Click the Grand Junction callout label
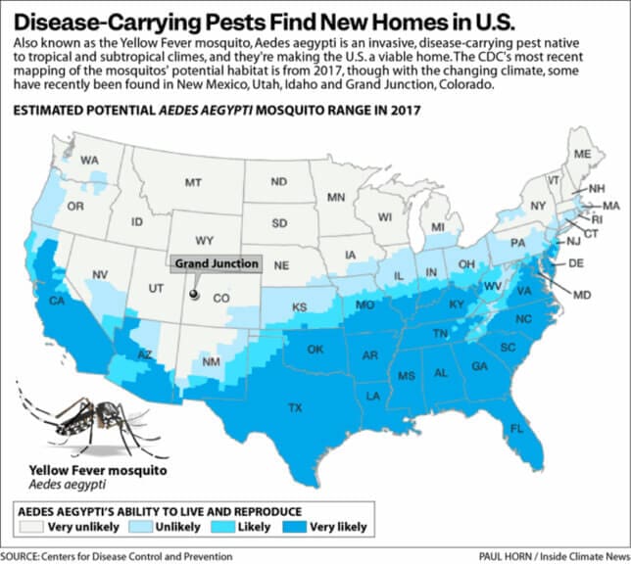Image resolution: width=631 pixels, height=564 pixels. click(x=218, y=263)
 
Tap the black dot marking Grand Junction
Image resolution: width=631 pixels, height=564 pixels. click(x=194, y=293)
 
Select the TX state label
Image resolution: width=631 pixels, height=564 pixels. click(x=294, y=406)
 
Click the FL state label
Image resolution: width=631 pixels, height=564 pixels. click(x=516, y=428)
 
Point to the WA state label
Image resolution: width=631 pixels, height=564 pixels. click(x=90, y=160)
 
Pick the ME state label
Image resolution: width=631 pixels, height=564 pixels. click(x=582, y=155)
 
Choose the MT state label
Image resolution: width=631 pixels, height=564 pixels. click(x=193, y=182)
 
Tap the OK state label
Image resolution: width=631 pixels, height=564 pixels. click(x=315, y=350)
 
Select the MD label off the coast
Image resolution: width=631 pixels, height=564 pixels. click(x=582, y=294)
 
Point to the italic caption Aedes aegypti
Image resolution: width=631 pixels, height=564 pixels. click(x=57, y=486)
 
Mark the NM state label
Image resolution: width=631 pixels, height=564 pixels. click(x=211, y=362)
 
